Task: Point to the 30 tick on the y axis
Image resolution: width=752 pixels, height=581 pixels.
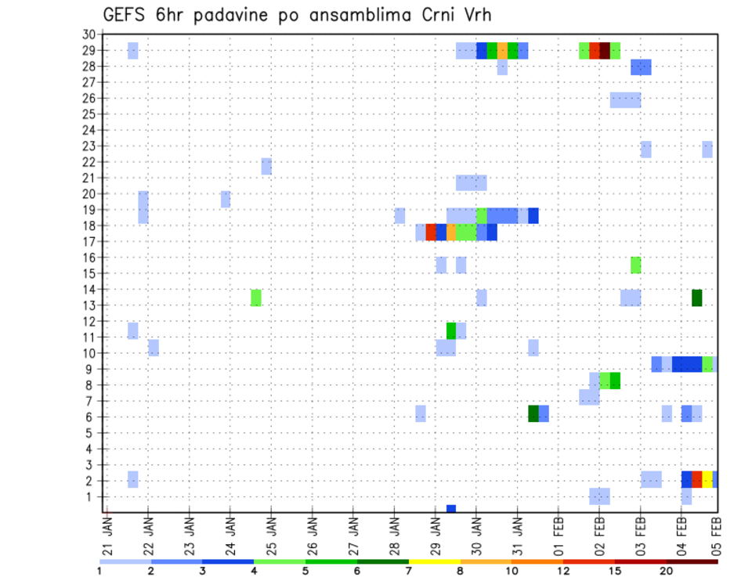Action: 89,34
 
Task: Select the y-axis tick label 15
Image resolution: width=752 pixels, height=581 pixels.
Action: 89,273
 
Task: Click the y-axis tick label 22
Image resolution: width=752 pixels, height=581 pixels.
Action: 89,162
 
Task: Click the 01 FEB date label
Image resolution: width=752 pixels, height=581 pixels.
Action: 559,534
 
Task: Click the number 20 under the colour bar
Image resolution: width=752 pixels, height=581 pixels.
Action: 666,571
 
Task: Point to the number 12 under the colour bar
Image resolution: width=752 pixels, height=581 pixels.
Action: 564,571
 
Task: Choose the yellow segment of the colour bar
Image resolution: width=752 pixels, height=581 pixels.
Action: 434,561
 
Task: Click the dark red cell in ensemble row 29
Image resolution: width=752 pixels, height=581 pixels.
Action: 605,51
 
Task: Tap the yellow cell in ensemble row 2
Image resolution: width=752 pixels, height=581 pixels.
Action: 707,480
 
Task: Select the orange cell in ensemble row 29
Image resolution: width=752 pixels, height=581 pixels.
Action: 502,51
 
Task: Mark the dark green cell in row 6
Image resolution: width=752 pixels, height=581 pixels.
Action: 533,413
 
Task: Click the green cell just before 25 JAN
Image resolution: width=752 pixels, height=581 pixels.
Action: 256,298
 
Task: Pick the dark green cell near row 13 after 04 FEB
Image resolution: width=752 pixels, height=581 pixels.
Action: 697,298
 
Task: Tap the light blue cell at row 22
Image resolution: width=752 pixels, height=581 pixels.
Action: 266,166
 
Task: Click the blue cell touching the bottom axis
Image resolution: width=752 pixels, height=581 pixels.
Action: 451,509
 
